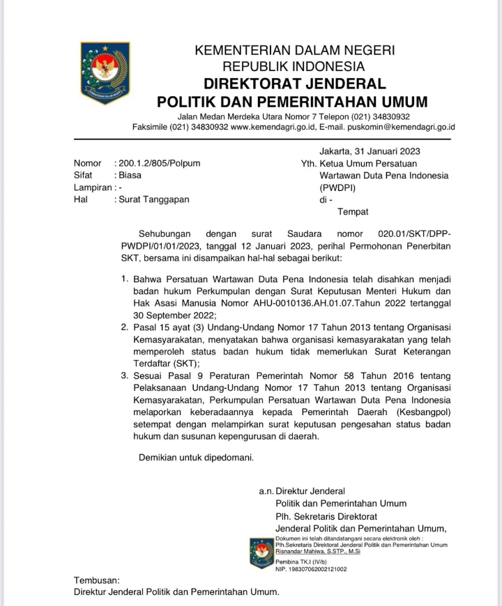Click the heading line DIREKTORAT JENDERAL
(x=294, y=84)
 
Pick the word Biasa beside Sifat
(x=130, y=176)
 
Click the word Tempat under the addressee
(x=353, y=212)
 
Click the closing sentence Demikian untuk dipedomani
(x=196, y=458)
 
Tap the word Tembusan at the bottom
(x=97, y=580)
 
